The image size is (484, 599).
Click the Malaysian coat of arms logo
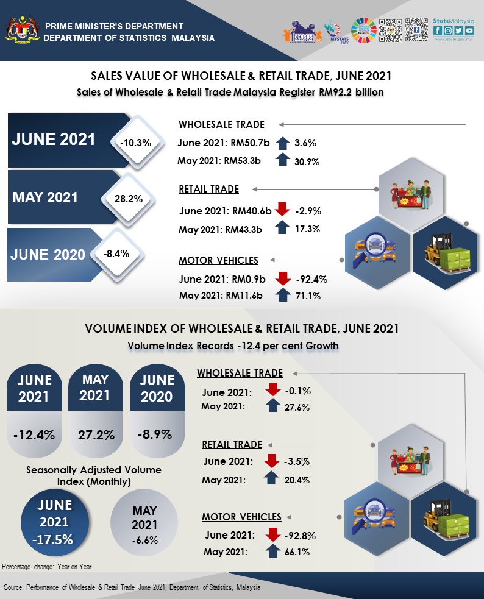(x=21, y=31)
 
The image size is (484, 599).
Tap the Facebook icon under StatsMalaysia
(x=438, y=30)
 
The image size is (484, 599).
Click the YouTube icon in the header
(x=469, y=30)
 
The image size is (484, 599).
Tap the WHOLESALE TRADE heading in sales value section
(x=221, y=125)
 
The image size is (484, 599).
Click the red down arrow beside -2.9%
(x=282, y=210)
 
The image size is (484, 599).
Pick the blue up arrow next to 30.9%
(x=282, y=160)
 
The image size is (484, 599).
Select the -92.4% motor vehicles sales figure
(x=311, y=280)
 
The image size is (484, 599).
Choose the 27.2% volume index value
(x=95, y=435)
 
